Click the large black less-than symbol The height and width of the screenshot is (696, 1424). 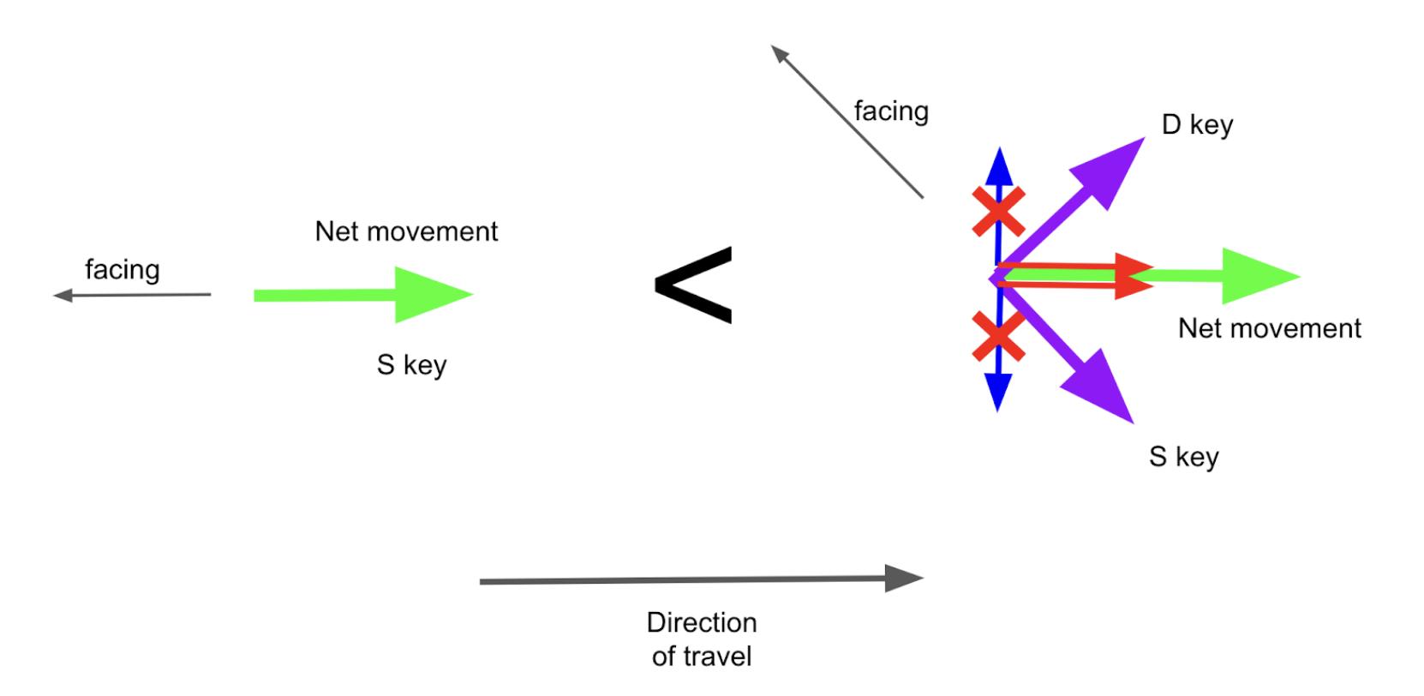click(x=693, y=285)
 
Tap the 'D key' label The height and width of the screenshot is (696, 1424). click(x=1197, y=125)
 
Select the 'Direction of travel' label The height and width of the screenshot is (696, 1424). click(x=701, y=639)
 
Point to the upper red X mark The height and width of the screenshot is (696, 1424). click(x=999, y=211)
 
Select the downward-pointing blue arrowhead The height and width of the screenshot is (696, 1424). click(x=998, y=393)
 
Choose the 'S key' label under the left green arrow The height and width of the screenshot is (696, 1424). click(x=411, y=365)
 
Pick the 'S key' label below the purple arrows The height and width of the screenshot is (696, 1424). click(x=1183, y=457)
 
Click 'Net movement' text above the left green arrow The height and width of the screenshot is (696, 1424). click(x=406, y=231)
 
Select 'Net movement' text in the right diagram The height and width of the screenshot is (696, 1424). click(x=1269, y=328)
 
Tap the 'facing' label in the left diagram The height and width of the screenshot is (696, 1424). click(x=122, y=270)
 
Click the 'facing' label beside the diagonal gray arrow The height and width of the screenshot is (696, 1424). click(x=891, y=111)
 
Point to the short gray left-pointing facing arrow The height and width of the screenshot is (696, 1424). click(x=133, y=296)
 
